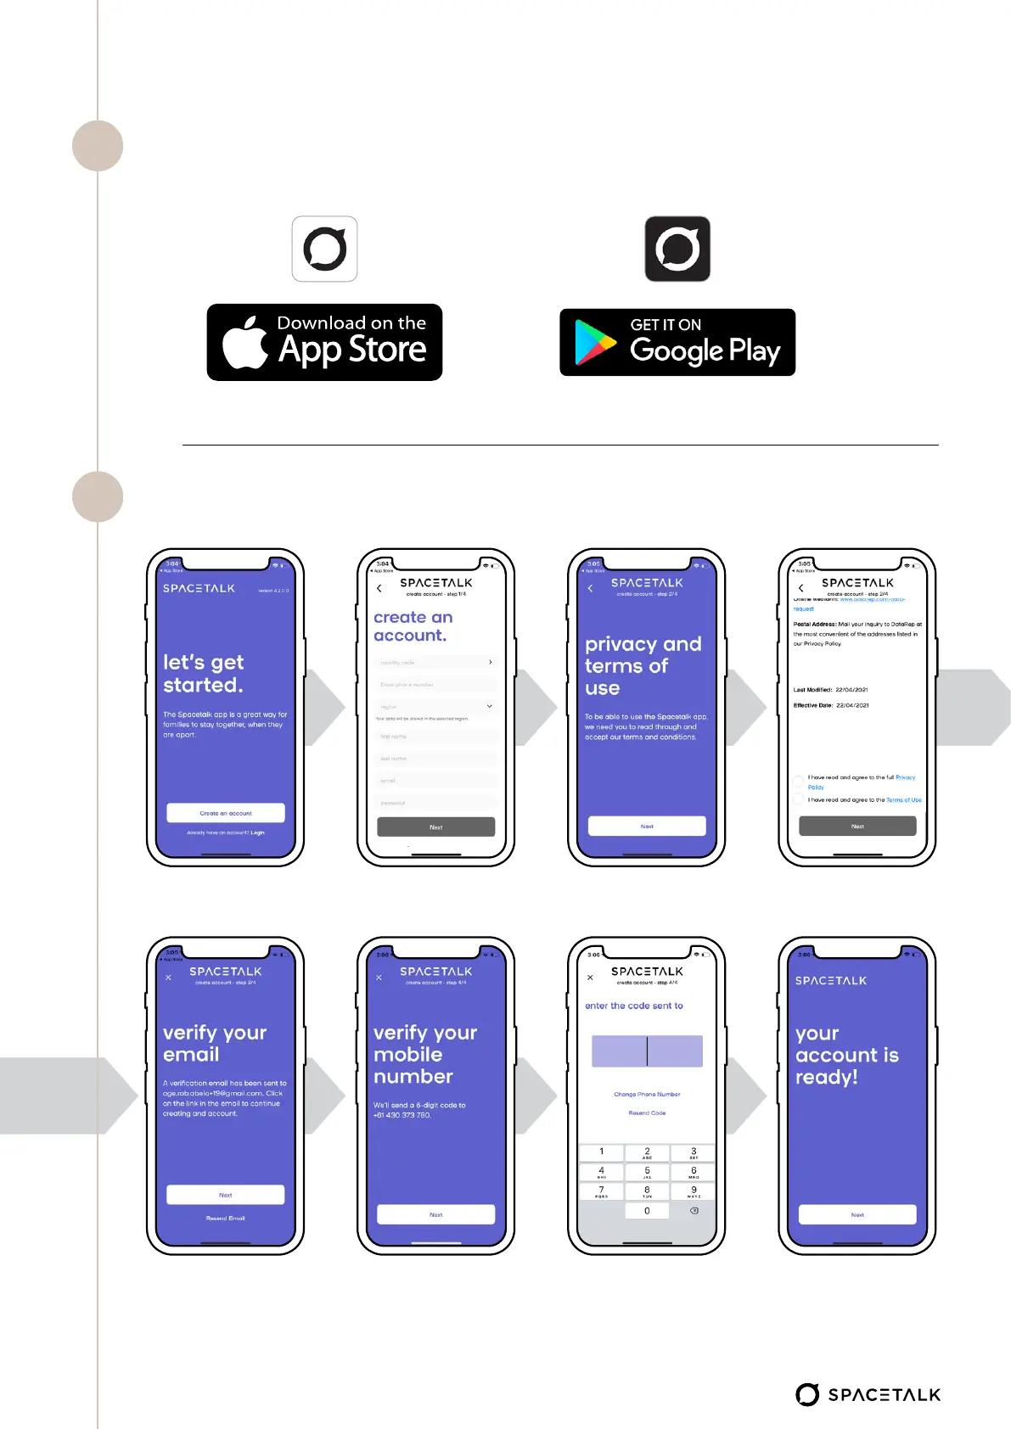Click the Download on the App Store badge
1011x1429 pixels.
click(324, 342)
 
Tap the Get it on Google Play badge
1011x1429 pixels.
click(677, 342)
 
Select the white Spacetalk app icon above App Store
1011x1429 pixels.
click(324, 249)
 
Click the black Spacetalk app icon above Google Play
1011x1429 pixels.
click(677, 249)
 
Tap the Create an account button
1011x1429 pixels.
click(226, 813)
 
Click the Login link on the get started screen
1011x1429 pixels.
click(257, 832)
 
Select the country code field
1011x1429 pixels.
click(435, 662)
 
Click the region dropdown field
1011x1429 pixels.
click(435, 706)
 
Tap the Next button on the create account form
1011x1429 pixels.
click(435, 827)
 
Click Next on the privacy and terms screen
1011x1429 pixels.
click(647, 826)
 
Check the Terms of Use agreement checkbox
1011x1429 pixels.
click(799, 799)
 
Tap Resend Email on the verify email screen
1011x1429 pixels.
click(225, 1218)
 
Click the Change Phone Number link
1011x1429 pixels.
click(647, 1094)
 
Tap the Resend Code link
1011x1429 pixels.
click(647, 1112)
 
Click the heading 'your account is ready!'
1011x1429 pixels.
click(846, 1055)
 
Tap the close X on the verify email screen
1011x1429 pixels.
click(168, 977)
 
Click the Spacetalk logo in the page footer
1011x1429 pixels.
click(868, 1394)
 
